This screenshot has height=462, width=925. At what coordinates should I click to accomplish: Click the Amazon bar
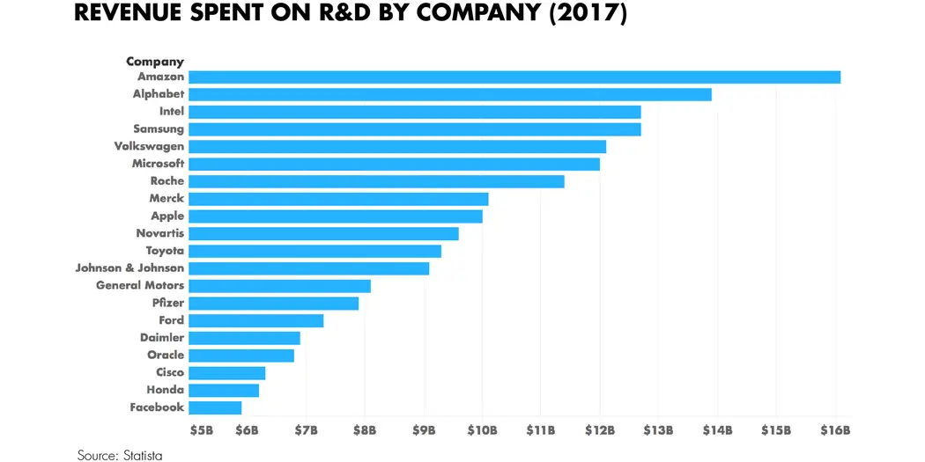point(514,77)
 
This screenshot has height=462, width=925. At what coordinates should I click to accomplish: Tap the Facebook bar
point(215,407)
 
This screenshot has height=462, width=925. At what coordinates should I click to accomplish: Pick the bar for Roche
point(376,181)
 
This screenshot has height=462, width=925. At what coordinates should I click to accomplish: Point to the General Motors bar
point(279,285)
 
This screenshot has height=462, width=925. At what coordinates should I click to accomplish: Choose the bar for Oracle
point(241,355)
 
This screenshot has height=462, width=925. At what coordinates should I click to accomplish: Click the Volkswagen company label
point(149,146)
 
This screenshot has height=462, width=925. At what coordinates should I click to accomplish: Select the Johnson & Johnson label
point(129,268)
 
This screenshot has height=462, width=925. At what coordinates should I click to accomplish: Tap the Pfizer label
point(167,303)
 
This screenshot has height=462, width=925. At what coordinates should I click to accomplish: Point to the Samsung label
point(159,128)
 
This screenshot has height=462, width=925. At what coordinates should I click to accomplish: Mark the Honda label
point(166,390)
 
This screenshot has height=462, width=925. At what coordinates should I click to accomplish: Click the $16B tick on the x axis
point(835,430)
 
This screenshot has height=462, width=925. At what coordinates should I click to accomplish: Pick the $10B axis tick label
point(482,430)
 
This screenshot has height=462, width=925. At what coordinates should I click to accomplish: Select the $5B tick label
point(202,430)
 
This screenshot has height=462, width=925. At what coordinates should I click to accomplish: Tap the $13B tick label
point(658,430)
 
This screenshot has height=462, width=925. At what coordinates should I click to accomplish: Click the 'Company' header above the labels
point(155,62)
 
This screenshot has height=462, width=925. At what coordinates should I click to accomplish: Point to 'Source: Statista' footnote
point(120,455)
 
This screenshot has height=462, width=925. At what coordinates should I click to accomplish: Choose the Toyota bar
point(314,251)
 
